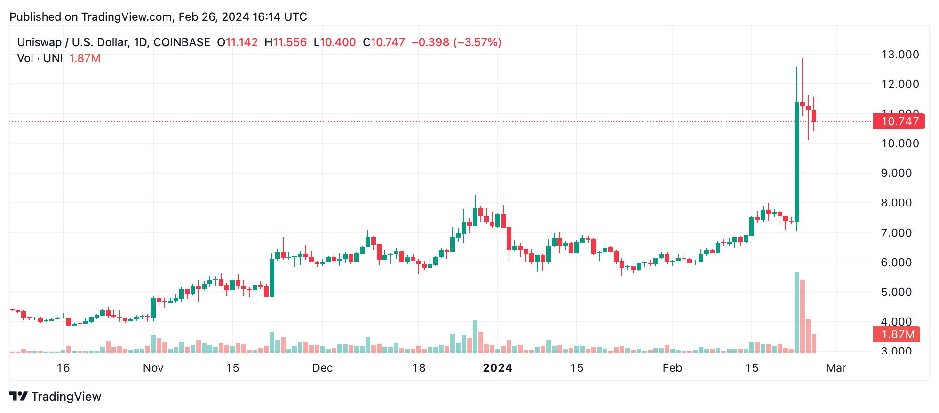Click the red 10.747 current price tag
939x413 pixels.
tap(899, 121)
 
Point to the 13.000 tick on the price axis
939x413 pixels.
tap(899, 55)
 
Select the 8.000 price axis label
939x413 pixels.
tap(899, 203)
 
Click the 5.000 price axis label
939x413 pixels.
tap(899, 292)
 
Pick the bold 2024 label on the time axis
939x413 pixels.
tap(498, 368)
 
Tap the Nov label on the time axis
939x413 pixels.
tap(153, 368)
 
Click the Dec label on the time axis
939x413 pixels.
tap(322, 368)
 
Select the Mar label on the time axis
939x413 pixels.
tap(836, 368)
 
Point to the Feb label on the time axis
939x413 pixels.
tap(672, 368)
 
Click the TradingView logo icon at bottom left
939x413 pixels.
tap(19, 397)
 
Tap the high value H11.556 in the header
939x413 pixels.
tap(286, 42)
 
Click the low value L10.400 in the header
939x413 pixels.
tap(334, 42)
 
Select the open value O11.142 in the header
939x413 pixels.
tap(237, 42)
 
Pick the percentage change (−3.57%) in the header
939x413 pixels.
tap(477, 42)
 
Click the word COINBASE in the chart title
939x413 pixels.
tap(182, 42)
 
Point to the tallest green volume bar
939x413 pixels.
tap(797, 312)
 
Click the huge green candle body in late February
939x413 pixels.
tap(797, 162)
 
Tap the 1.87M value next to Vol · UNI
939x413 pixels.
tap(85, 58)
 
